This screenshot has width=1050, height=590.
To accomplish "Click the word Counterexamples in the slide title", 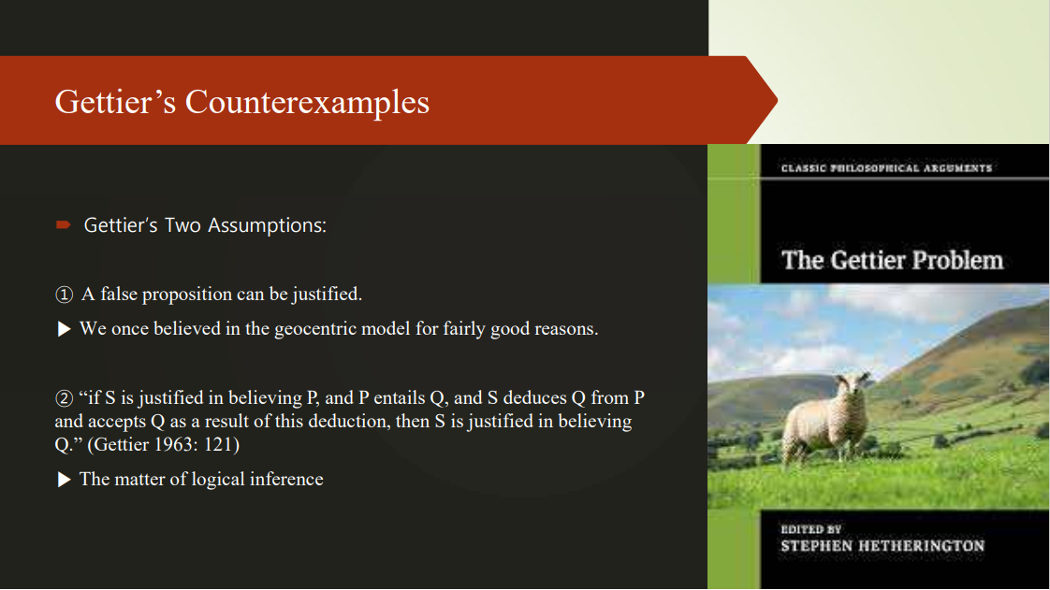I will (307, 102).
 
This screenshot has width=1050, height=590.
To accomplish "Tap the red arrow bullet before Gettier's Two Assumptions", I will (64, 225).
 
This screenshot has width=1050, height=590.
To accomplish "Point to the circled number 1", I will (64, 295).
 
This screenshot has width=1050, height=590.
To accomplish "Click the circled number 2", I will (64, 398).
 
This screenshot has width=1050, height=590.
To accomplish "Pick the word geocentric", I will (319, 329).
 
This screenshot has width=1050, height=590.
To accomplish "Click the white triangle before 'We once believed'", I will (64, 329).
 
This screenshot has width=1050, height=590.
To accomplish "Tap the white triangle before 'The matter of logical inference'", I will (64, 480).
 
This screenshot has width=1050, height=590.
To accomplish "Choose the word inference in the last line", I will (286, 480).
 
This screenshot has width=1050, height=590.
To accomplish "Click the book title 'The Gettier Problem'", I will (892, 259).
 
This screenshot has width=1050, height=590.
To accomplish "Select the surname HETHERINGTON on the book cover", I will (921, 546).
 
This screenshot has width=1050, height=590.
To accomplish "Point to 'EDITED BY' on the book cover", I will (810, 529).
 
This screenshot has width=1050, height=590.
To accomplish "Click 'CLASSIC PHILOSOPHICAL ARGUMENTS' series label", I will (885, 168).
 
